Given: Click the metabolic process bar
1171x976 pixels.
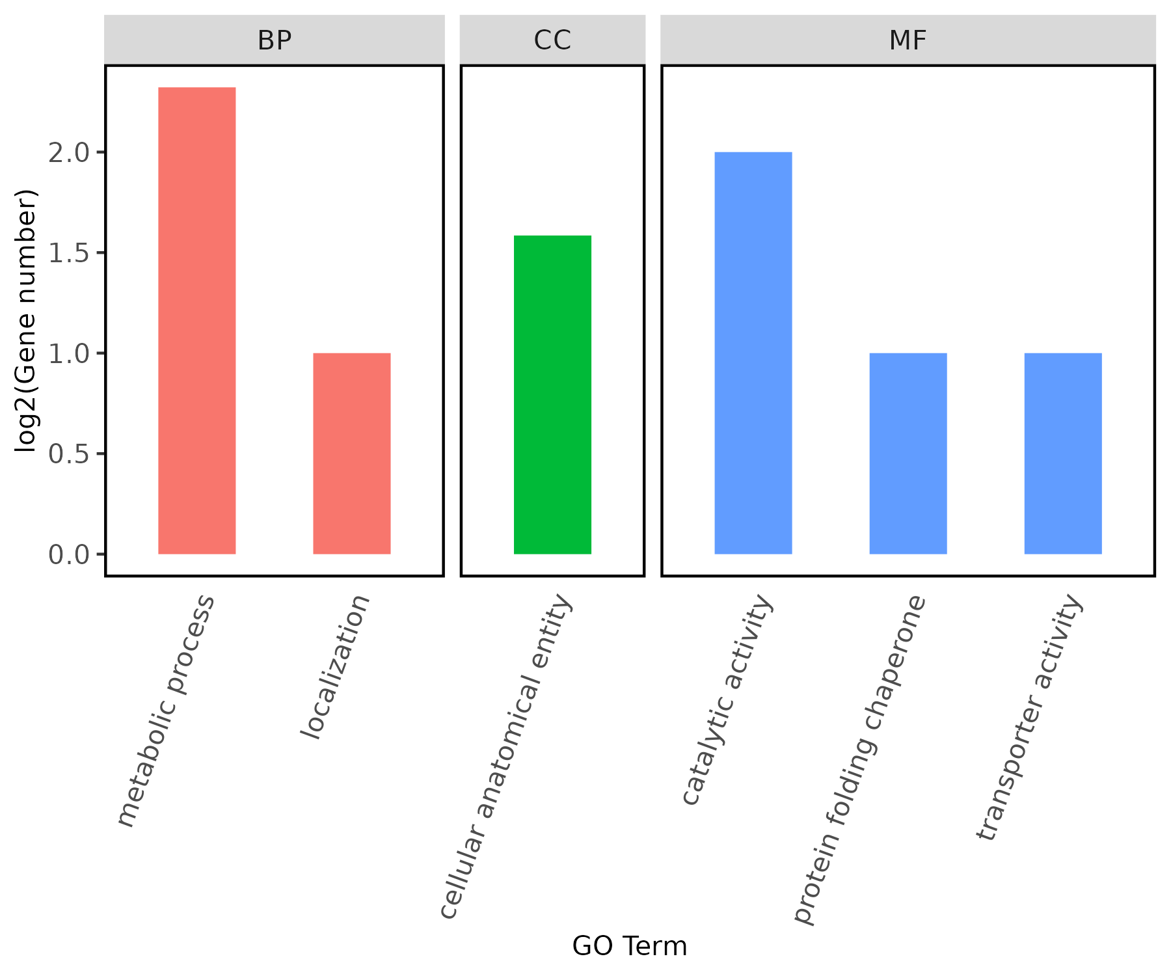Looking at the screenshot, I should [197, 320].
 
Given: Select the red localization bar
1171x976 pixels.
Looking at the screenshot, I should [352, 454].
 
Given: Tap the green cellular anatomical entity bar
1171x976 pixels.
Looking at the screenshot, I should [552, 394].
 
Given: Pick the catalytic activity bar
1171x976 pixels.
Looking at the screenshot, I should [753, 353].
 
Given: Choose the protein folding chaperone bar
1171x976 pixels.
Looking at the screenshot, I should [908, 454].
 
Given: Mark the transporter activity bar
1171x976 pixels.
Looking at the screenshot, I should [1063, 454].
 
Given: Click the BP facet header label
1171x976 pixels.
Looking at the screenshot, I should [275, 40].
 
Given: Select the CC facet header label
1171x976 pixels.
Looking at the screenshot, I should [552, 40].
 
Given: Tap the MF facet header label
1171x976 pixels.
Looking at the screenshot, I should [908, 40].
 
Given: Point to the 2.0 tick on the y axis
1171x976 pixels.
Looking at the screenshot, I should [68, 153].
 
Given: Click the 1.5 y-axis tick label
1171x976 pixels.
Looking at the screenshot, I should [68, 253].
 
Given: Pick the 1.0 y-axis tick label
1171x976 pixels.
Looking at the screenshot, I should [68, 353].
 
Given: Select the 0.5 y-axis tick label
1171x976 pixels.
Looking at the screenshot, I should [68, 454].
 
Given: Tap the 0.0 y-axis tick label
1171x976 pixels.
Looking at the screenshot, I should [68, 554].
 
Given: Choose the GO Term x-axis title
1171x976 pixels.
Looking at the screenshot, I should [629, 946].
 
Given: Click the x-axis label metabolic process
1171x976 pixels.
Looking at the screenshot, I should [166, 711].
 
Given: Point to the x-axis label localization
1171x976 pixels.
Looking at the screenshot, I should [335, 667].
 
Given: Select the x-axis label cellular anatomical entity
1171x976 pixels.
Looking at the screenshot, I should [506, 756].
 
